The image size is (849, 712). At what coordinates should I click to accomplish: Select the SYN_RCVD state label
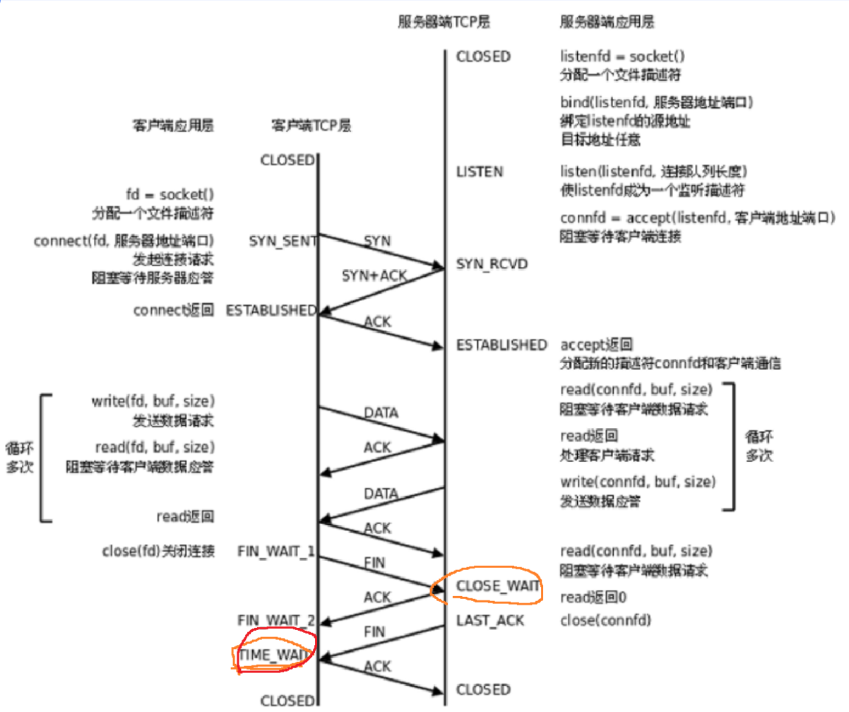tap(492, 264)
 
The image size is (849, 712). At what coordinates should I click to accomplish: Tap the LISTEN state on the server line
tap(480, 172)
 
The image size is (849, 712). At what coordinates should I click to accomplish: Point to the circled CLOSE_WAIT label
tap(498, 586)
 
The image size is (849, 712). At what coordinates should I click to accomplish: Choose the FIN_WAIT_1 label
tap(276, 552)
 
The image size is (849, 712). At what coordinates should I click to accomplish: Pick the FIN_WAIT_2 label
tap(276, 622)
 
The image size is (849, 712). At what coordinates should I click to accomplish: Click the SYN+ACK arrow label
tap(374, 275)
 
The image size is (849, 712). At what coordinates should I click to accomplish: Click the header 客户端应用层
tap(172, 126)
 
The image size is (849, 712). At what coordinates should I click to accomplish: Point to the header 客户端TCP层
tap(311, 126)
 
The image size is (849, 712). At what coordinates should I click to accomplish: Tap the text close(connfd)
tap(605, 621)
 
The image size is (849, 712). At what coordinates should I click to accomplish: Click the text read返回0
tap(593, 598)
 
